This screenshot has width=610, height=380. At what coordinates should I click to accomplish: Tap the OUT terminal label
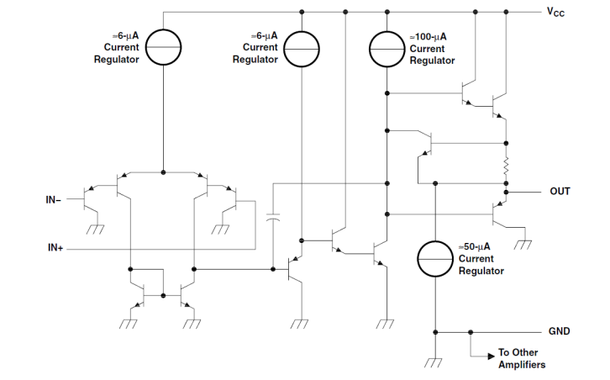click(x=560, y=192)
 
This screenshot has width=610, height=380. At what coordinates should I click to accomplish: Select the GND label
click(x=560, y=331)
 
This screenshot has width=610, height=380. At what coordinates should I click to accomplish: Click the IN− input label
click(x=56, y=200)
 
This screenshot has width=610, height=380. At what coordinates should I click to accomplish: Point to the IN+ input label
click(x=56, y=249)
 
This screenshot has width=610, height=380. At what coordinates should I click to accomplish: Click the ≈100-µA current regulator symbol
click(x=387, y=49)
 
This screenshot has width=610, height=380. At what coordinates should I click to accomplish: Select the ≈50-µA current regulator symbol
click(x=435, y=259)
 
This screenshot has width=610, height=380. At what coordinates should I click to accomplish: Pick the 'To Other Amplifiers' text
click(x=522, y=358)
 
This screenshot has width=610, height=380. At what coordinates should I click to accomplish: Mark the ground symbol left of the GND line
click(x=434, y=362)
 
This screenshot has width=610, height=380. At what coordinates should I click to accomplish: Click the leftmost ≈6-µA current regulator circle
click(x=163, y=49)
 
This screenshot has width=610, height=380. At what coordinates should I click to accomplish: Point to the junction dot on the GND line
click(x=470, y=332)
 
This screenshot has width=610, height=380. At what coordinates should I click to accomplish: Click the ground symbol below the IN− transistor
click(x=96, y=229)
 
